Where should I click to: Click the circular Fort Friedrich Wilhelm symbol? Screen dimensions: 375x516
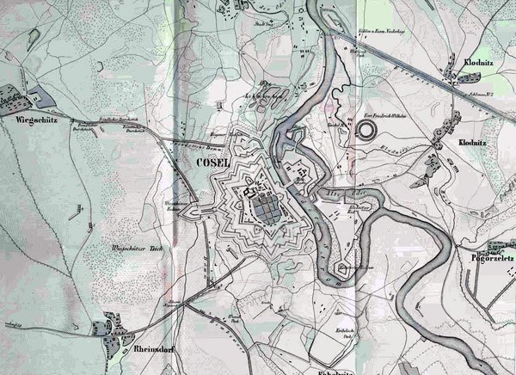click(x=367, y=130)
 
